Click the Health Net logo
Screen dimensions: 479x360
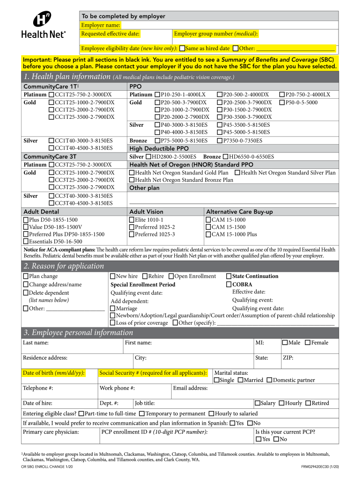tap(43, 26)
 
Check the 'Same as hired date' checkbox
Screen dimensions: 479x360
tap(182, 48)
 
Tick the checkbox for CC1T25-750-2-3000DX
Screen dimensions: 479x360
tap(51, 94)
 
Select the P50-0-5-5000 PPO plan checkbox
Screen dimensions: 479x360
tap(282, 102)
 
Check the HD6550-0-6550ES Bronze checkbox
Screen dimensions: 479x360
tap(226, 157)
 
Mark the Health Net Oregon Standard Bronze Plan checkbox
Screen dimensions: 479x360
tap(132, 180)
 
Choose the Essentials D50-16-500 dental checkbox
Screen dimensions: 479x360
tap(26, 242)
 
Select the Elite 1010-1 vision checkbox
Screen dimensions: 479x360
tap(132, 220)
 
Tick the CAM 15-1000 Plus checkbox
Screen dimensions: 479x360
tap(209, 234)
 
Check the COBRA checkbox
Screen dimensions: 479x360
tap(229, 284)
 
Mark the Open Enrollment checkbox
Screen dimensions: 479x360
tap(171, 276)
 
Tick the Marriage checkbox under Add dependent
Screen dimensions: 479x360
tap(113, 309)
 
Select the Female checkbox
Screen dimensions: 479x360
tap(307, 343)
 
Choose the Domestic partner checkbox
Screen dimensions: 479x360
tap(269, 380)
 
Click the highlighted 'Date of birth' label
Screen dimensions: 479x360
tap(54, 373)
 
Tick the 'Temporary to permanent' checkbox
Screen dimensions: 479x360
tap(142, 414)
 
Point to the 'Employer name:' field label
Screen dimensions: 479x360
tap(101, 25)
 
